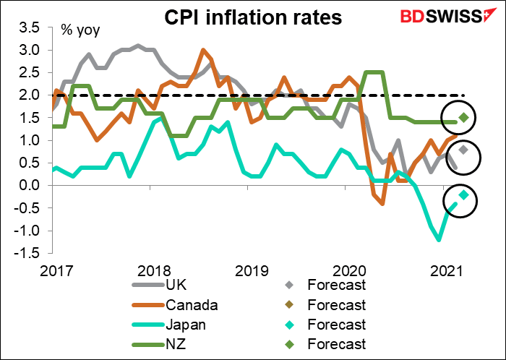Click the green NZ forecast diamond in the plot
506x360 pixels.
click(x=464, y=118)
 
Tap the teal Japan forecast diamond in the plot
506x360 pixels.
click(x=464, y=194)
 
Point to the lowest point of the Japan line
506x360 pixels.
click(x=438, y=239)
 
